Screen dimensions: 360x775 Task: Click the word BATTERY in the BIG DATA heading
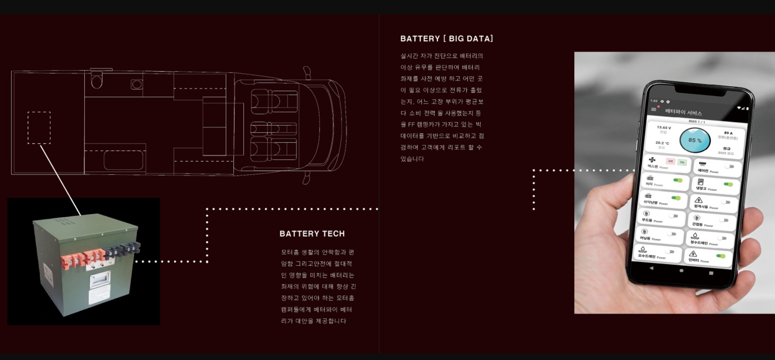pos(420,39)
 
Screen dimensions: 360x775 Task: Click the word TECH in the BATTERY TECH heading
pos(333,234)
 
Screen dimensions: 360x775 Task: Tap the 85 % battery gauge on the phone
pos(695,140)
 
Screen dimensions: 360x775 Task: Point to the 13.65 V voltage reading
pos(664,127)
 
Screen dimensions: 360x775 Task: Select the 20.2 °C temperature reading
pos(662,143)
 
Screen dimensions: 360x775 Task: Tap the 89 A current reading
pos(728,133)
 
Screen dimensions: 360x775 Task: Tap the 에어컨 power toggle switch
pos(730,166)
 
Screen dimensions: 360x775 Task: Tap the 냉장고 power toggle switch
pos(728,184)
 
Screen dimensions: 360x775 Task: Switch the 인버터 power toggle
pos(721,256)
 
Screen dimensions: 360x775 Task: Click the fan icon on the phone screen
pos(652,160)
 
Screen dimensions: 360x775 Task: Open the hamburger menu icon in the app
pos(654,109)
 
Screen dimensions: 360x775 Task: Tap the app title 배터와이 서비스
pos(683,112)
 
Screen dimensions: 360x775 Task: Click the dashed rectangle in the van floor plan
pos(39,127)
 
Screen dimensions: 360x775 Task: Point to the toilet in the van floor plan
pos(97,80)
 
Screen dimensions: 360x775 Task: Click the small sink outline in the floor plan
pos(137,84)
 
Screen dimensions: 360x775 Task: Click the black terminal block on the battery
pos(123,249)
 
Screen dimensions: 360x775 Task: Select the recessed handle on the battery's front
pos(100,280)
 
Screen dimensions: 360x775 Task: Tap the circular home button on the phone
pos(681,270)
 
